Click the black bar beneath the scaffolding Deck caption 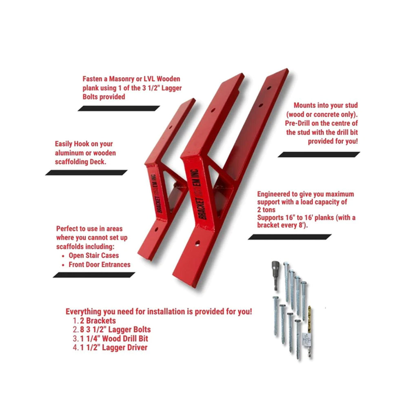click(86, 173)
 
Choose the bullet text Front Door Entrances click(99, 264)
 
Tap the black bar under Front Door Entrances click(93, 275)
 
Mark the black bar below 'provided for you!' click(319, 154)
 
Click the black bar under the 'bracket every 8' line click(290, 237)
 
